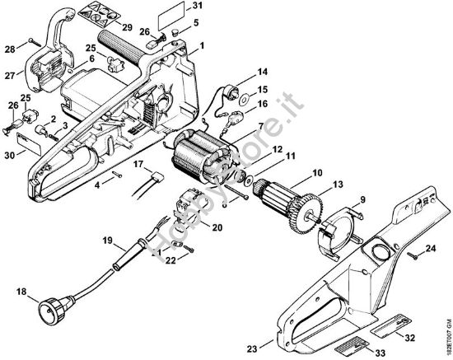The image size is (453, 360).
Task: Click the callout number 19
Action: [108, 241]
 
